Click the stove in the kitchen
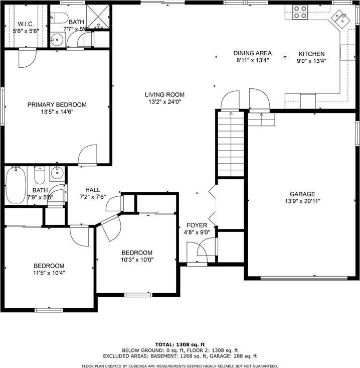click(x=300, y=12)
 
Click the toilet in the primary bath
click(x=61, y=19)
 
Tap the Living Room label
click(x=164, y=94)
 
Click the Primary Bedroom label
click(x=57, y=105)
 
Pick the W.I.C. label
click(x=25, y=24)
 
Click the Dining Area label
click(x=253, y=53)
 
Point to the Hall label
click(x=93, y=190)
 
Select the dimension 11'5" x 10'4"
click(x=49, y=273)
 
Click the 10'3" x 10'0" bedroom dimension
click(x=137, y=260)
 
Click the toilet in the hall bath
click(x=39, y=175)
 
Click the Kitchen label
click(x=311, y=54)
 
